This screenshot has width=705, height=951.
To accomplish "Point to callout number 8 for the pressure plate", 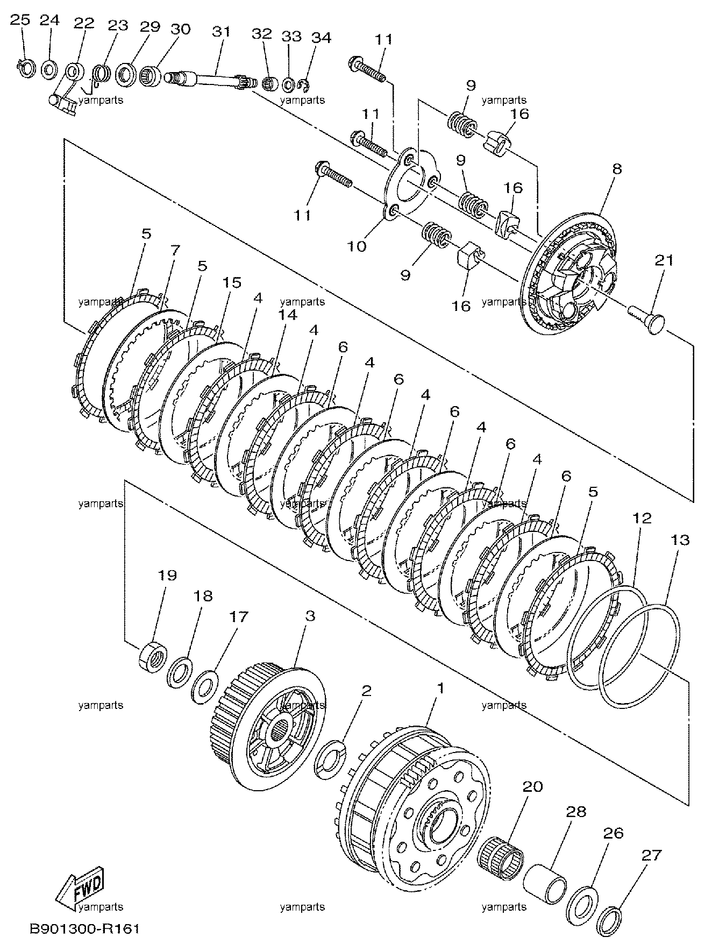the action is coord(616,168).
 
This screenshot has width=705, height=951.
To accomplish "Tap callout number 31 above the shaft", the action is coord(220,31).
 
